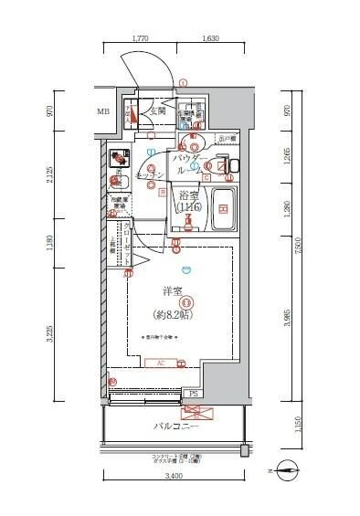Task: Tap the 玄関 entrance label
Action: click(156, 111)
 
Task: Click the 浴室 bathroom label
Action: click(188, 195)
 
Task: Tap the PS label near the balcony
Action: click(194, 395)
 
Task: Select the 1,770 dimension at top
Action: click(140, 39)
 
